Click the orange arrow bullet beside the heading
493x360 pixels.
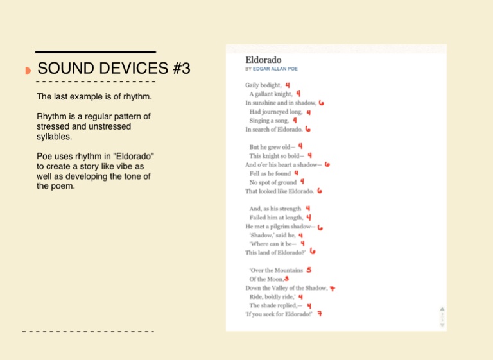pyautogui.click(x=28, y=71)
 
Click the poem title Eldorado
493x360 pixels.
pyautogui.click(x=263, y=60)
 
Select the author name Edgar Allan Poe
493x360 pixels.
pyautogui.click(x=275, y=69)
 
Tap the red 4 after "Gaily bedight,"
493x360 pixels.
pyautogui.click(x=288, y=85)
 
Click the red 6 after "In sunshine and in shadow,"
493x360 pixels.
pyautogui.click(x=321, y=103)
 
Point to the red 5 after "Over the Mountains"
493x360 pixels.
pyautogui.click(x=309, y=270)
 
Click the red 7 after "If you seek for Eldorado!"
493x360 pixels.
pyautogui.click(x=320, y=314)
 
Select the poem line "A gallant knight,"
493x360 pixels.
pyautogui.click(x=271, y=94)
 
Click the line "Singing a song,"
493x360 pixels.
pyautogui.click(x=269, y=121)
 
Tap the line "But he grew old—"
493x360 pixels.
pyautogui.click(x=272, y=147)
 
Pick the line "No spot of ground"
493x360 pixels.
pyautogui.click(x=273, y=182)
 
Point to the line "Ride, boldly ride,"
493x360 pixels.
pyautogui.click(x=272, y=297)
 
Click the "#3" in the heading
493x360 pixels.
pyautogui.click(x=182, y=68)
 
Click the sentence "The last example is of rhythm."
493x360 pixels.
pyautogui.click(x=94, y=96)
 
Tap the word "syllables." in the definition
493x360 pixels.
pyautogui.click(x=54, y=137)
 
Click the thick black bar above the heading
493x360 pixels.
pyautogui.click(x=96, y=52)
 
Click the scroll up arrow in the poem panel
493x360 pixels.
pyautogui.click(x=442, y=309)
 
